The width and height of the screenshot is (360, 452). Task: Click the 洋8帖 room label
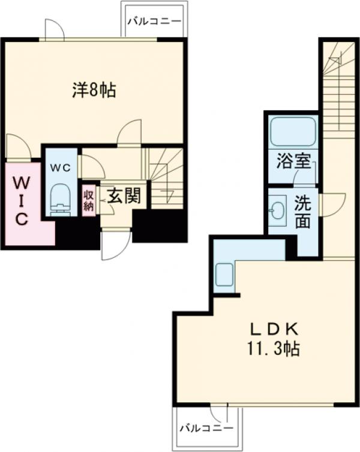(94, 91)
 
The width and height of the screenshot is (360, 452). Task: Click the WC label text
(59, 168)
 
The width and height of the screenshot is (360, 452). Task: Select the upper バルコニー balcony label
(154, 21)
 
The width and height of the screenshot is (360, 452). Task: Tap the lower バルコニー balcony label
(206, 429)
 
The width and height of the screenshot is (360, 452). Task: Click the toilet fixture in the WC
(61, 198)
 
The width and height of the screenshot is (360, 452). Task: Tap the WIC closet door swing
(16, 147)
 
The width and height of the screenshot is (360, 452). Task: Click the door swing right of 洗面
(332, 204)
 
